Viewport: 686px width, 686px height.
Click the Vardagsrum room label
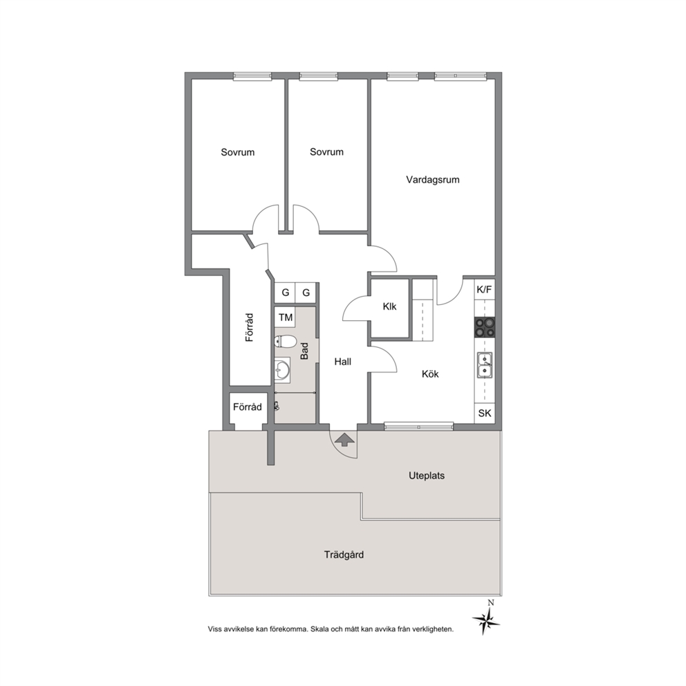click(x=433, y=179)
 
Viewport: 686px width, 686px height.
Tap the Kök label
click(x=430, y=374)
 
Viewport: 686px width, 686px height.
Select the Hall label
click(x=342, y=362)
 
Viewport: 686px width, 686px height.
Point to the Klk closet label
click(x=389, y=306)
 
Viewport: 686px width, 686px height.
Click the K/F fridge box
click(x=484, y=289)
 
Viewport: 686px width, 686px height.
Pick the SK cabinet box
click(x=484, y=413)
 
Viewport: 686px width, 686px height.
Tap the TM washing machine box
click(x=285, y=317)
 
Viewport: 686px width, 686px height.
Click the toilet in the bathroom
click(x=285, y=341)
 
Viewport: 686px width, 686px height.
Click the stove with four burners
click(x=484, y=327)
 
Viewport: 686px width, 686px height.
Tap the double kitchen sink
click(x=484, y=365)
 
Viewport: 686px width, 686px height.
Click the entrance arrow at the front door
click(x=344, y=440)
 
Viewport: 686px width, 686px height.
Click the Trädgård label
click(x=344, y=555)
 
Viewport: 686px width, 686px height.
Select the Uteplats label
click(x=427, y=476)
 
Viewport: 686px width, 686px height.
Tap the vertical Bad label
click(x=304, y=351)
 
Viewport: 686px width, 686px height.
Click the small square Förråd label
click(x=247, y=407)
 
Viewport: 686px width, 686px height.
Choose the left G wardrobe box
click(x=285, y=293)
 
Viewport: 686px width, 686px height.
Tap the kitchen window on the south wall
click(x=418, y=425)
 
